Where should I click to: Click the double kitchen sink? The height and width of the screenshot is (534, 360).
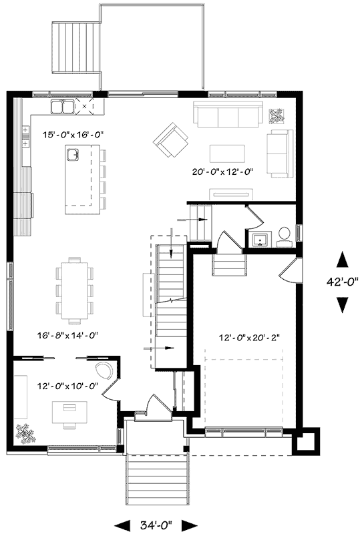(63, 106)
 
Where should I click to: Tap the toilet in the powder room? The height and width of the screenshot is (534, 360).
(284, 234)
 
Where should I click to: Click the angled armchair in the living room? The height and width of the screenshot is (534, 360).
(170, 138)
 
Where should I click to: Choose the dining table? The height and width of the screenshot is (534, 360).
(75, 285)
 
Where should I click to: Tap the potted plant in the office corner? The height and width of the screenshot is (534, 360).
(27, 433)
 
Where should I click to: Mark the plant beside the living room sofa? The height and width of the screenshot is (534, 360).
(276, 116)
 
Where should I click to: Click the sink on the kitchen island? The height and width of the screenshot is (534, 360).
(73, 156)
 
